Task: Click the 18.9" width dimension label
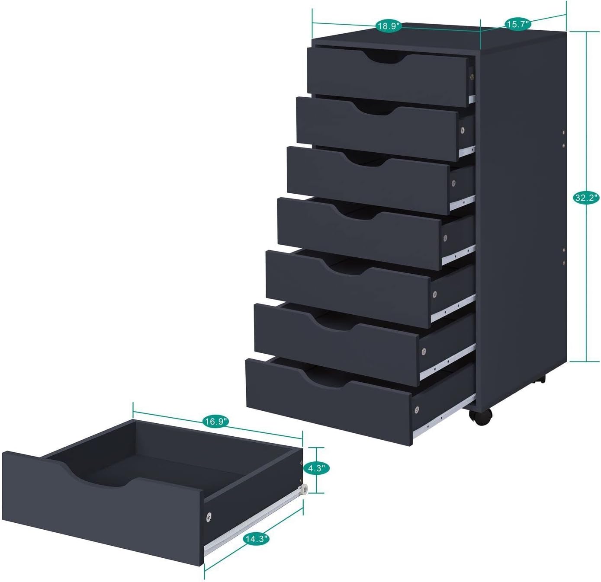[389, 26]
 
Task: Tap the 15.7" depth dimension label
[517, 24]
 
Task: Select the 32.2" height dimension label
[586, 198]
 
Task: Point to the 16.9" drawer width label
[215, 422]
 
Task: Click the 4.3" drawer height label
[317, 468]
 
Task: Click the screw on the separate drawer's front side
[209, 516]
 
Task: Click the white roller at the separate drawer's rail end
[305, 489]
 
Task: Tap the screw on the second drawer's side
[462, 130]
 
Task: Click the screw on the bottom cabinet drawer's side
[417, 409]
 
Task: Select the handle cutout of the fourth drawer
[356, 212]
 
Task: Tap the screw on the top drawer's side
[472, 77]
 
